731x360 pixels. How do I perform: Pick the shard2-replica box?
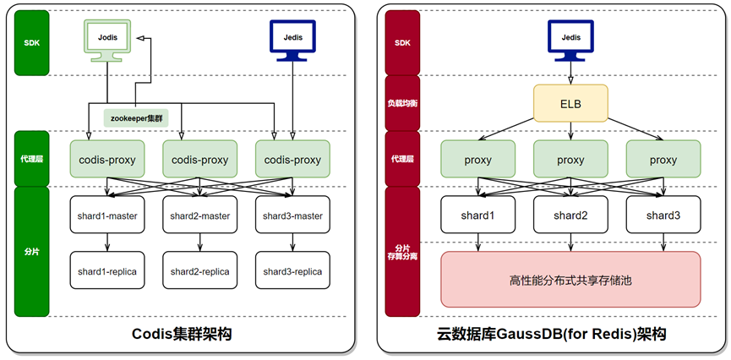click(x=199, y=271)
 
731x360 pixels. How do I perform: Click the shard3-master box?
click(x=292, y=215)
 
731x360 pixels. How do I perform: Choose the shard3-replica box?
click(x=292, y=271)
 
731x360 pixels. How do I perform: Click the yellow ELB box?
click(x=571, y=103)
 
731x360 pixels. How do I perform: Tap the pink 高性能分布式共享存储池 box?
click(x=570, y=279)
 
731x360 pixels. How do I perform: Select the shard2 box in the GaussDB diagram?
click(x=570, y=215)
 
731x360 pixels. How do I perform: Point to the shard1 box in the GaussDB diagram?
click(x=477, y=215)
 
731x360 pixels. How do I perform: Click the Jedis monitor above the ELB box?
click(x=571, y=41)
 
